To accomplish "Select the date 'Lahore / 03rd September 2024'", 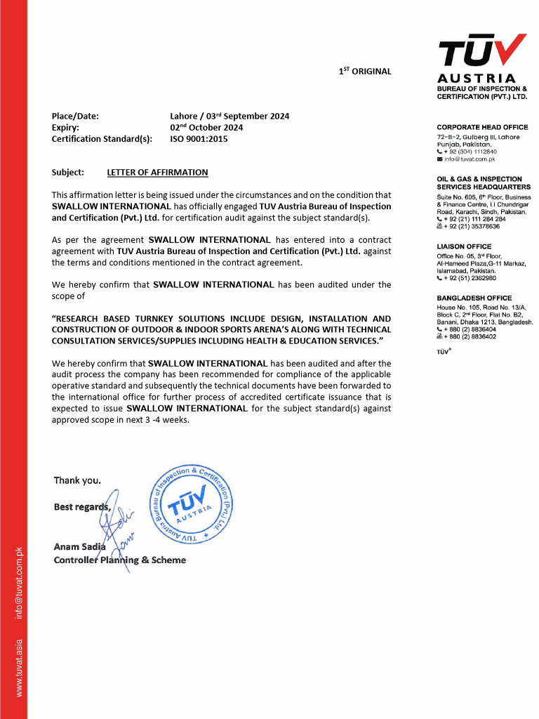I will click(229, 117).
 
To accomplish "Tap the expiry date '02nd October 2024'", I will click(206, 128).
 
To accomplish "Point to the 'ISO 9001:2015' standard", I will click(199, 139).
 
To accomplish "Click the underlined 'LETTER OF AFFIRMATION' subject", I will click(157, 172).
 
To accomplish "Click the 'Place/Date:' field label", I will click(75, 117).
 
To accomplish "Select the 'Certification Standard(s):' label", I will click(102, 139).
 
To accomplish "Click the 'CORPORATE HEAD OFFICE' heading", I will click(482, 127).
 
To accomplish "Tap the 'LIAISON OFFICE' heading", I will click(464, 246).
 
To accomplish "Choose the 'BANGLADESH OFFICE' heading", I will click(474, 298).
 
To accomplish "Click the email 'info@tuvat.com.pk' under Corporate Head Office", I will click(470, 159).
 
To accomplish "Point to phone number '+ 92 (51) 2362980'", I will click(470, 279).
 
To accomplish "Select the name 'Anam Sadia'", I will click(79, 547).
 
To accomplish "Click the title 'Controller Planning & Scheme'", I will click(120, 560).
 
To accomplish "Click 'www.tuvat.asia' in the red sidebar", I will click(20, 668).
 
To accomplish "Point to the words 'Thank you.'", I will click(77, 481).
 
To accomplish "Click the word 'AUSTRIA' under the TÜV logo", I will click(477, 78).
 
